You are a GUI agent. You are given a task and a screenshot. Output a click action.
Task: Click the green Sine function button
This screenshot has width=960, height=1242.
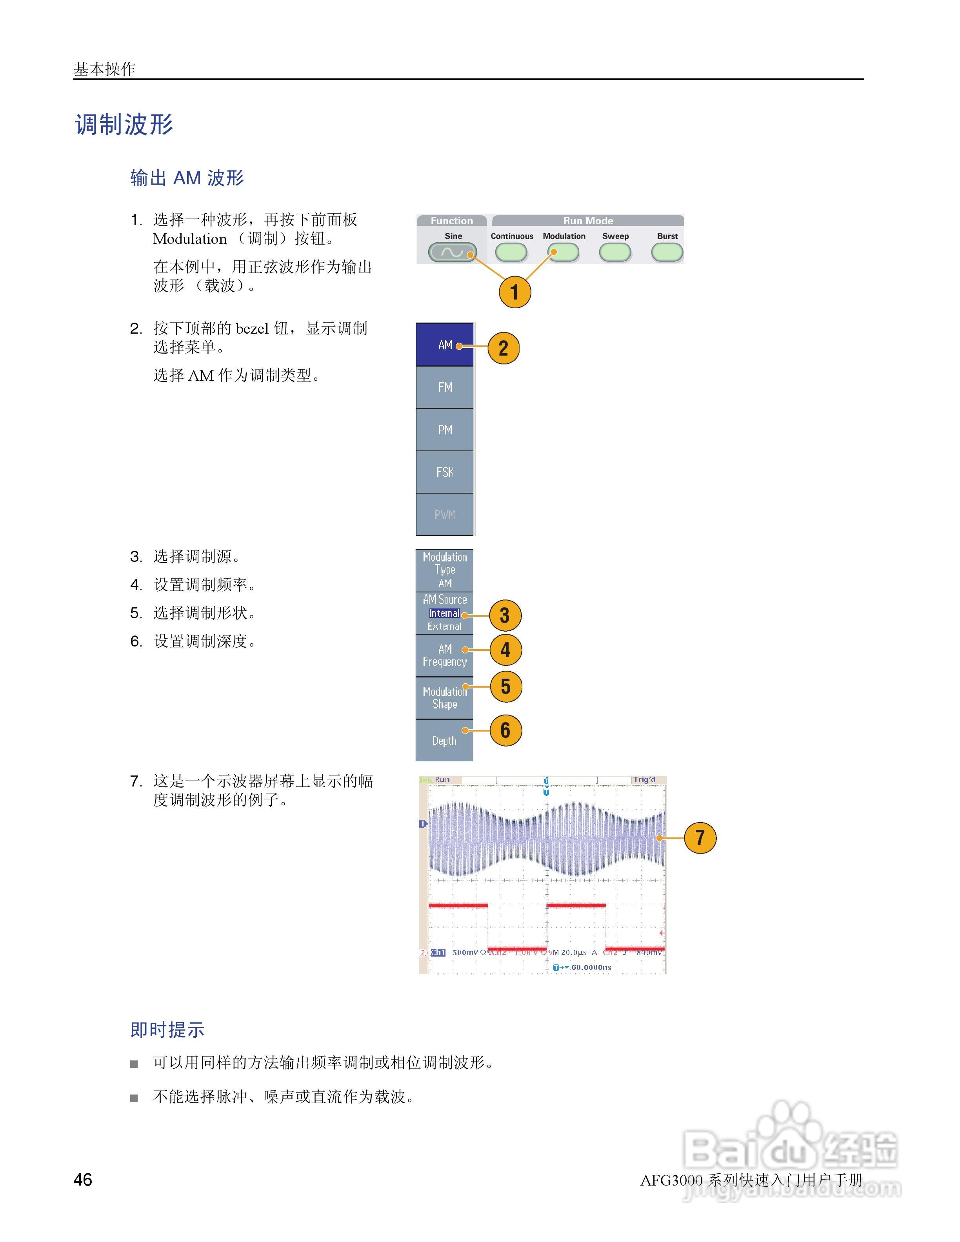pyautogui.click(x=452, y=252)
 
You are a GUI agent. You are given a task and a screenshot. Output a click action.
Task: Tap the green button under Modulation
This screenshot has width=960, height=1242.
pyautogui.click(x=563, y=252)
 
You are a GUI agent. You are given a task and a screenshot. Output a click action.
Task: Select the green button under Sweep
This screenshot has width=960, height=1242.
pyautogui.click(x=615, y=252)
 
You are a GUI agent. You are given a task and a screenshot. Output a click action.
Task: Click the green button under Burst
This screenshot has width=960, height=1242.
pyautogui.click(x=667, y=252)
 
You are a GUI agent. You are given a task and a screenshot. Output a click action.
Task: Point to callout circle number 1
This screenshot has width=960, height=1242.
pyautogui.click(x=514, y=292)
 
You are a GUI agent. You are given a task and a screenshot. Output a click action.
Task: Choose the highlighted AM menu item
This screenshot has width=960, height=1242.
pyautogui.click(x=445, y=345)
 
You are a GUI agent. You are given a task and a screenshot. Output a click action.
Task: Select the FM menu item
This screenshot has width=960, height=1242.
pyautogui.click(x=445, y=387)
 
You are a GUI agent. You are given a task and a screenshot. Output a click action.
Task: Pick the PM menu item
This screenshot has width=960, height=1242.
pyautogui.click(x=445, y=430)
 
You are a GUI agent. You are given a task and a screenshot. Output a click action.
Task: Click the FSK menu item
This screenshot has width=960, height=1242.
pyautogui.click(x=445, y=472)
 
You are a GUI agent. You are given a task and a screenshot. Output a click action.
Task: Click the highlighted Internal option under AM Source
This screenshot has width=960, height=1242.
pyautogui.click(x=444, y=614)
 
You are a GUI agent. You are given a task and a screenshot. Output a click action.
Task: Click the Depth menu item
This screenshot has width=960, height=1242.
pyautogui.click(x=444, y=741)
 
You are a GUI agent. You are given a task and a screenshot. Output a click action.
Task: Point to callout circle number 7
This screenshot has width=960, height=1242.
pyautogui.click(x=700, y=838)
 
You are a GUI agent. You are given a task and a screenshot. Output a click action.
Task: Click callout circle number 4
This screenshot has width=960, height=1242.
pyautogui.click(x=505, y=650)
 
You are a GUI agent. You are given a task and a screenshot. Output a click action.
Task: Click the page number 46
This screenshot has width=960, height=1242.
pyautogui.click(x=83, y=1179)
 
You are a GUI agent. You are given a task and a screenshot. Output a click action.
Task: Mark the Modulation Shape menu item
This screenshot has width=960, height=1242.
pyautogui.click(x=444, y=698)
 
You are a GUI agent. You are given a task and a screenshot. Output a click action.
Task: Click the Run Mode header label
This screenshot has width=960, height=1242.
pyautogui.click(x=588, y=221)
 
